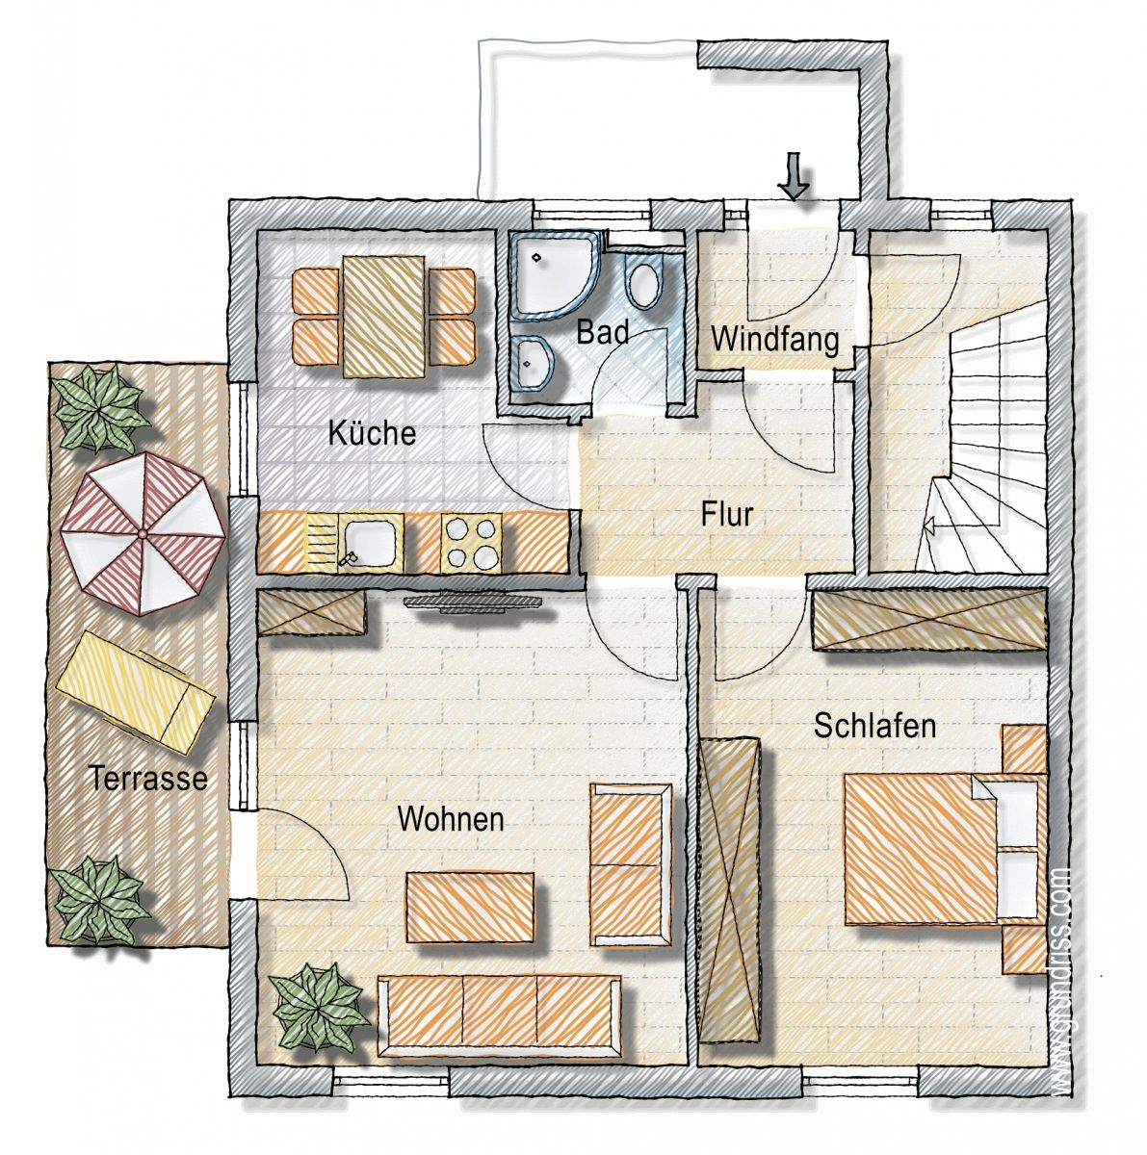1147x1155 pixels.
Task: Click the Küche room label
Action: [x=372, y=432]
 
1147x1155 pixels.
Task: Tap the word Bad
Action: [x=602, y=331]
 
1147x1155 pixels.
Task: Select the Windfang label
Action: [x=774, y=339]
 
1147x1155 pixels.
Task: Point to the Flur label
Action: [x=726, y=515]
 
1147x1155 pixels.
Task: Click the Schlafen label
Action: [x=874, y=726]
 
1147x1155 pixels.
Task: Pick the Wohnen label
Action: [x=451, y=819]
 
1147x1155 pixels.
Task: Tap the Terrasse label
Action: [x=147, y=779]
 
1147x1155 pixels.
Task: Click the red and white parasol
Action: [x=143, y=533]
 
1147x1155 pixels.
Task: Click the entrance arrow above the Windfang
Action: [x=795, y=175]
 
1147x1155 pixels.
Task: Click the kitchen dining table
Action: [x=384, y=316]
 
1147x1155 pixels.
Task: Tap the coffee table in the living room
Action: [x=470, y=908]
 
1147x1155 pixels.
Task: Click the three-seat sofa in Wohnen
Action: [x=499, y=1025]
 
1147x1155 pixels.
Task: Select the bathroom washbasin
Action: [x=535, y=362]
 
